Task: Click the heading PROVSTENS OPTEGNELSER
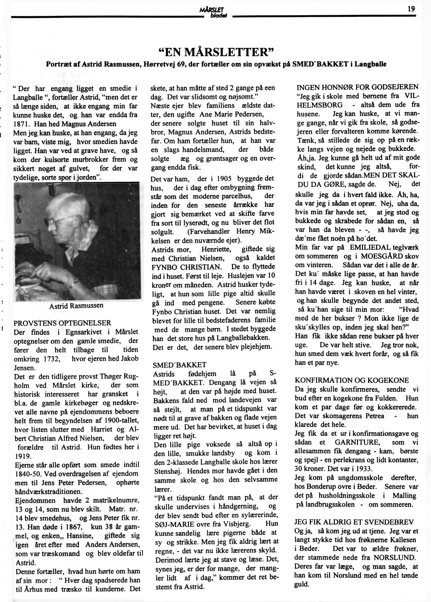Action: pyautogui.click(x=62, y=323)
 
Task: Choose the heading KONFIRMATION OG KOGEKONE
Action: pyautogui.click(x=352, y=380)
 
